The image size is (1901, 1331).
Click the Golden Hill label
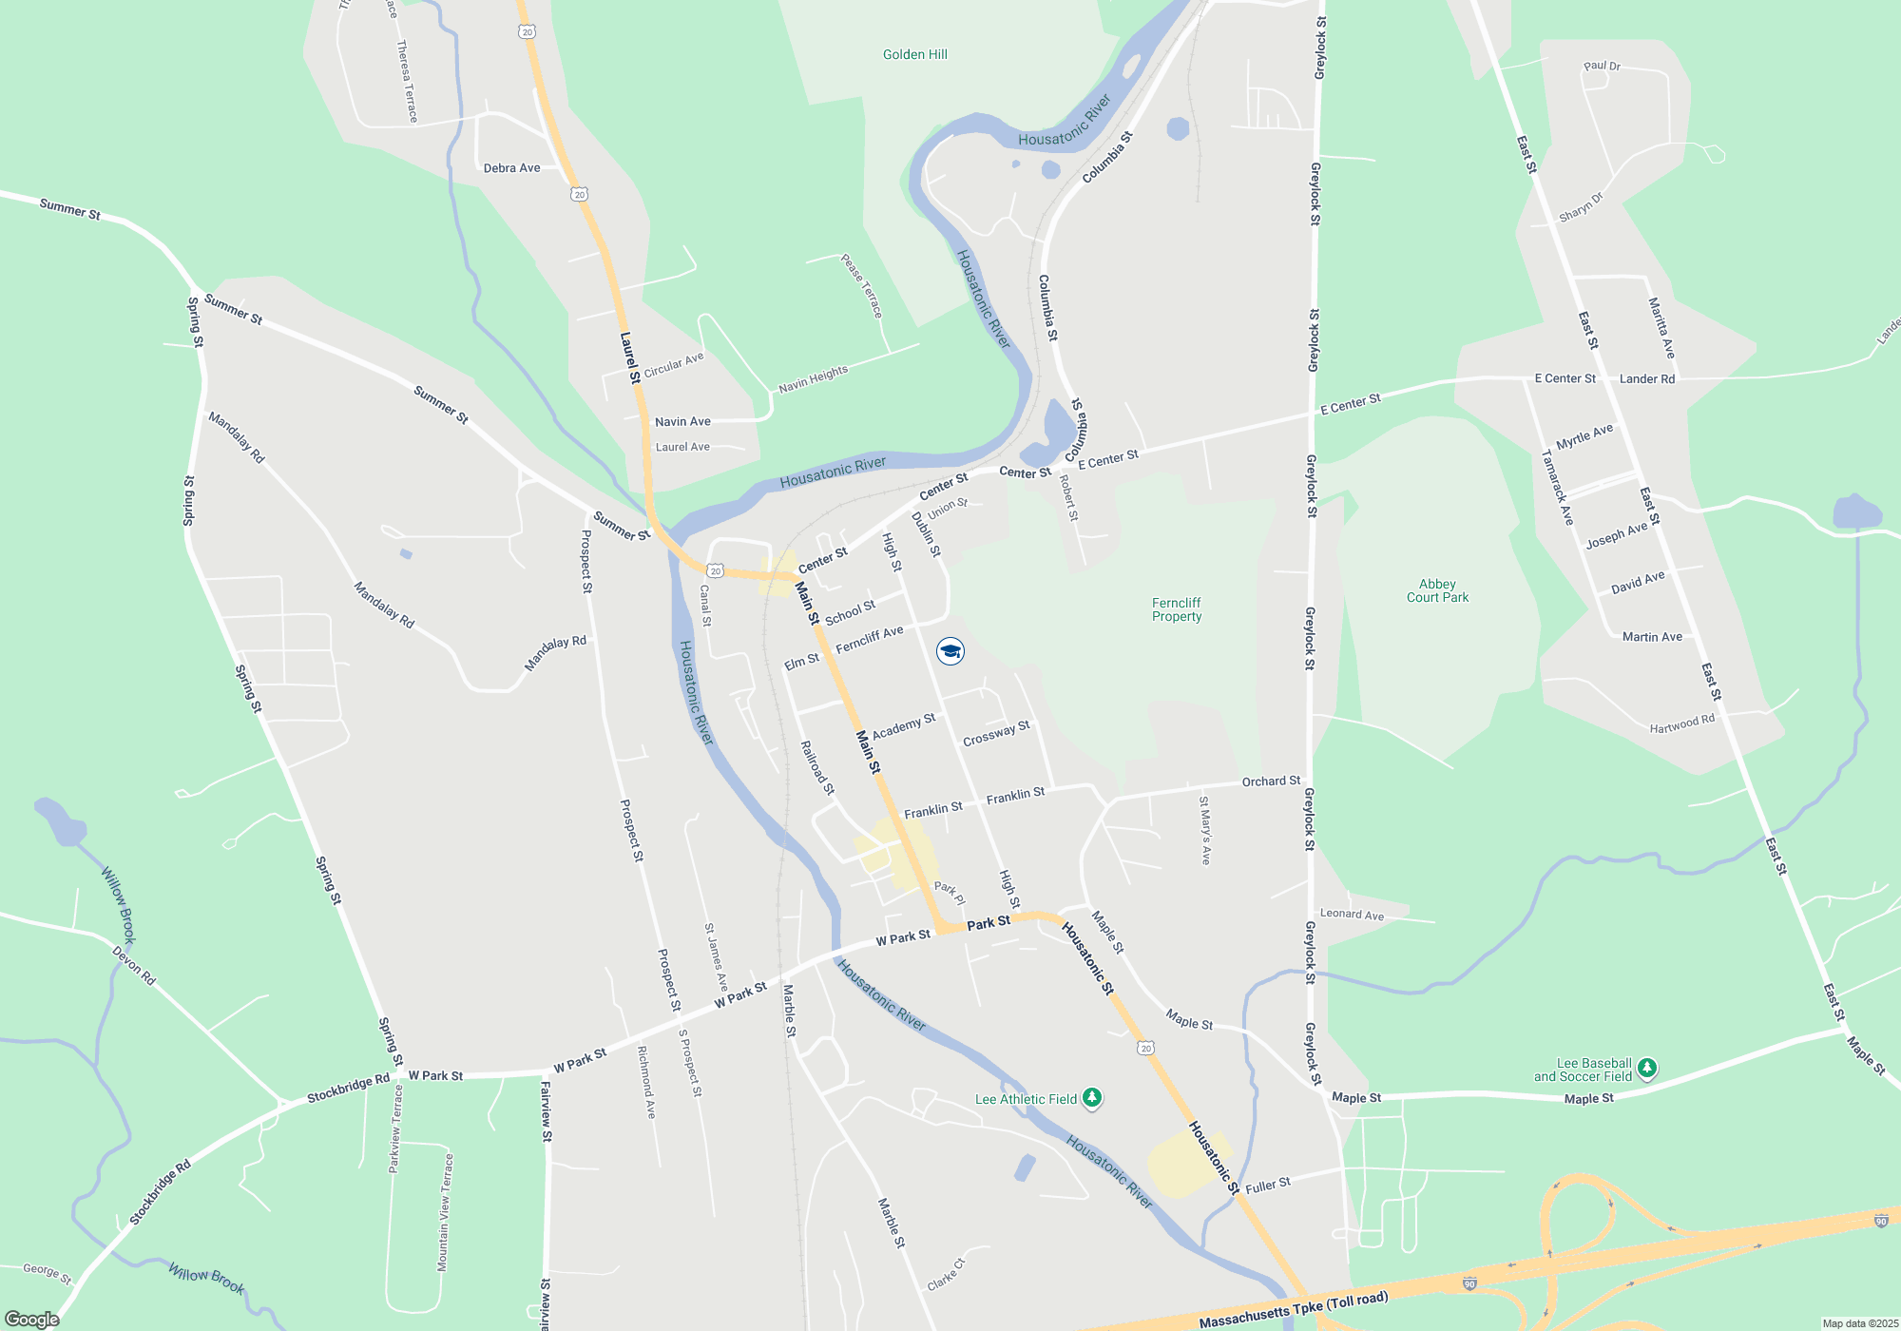pos(914,54)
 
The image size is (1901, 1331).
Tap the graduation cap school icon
pos(950,651)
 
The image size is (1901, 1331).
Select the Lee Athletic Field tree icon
pos(1093,1098)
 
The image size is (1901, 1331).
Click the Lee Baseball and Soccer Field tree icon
pos(1647,1069)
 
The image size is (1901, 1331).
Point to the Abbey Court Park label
pos(1437,590)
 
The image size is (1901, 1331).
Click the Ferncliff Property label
pos(1177,609)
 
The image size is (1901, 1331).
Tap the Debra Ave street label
pos(511,168)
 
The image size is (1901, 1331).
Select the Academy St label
pos(904,726)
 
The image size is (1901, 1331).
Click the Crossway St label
pos(996,734)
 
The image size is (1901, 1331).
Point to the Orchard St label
pos(1271,781)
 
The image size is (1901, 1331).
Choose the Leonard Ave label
pos(1352,915)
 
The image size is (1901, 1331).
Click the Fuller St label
pos(1268,1185)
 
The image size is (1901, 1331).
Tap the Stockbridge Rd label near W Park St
pos(348,1089)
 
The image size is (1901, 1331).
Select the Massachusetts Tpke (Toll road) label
pos(1294,1310)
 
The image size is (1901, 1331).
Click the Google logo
pos(32,1319)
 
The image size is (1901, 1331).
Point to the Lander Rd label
pos(1647,378)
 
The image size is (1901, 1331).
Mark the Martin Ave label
pos(1652,637)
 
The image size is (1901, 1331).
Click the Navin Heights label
pos(813,379)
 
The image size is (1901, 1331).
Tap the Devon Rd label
pos(134,965)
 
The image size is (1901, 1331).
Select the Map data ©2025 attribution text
pos(1859,1323)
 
